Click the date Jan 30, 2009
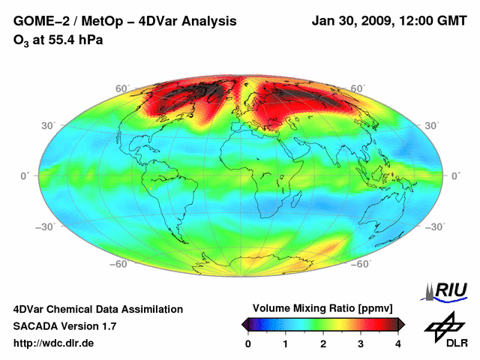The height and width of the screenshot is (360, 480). pyautogui.click(x=352, y=22)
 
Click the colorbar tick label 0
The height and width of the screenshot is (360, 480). pyautogui.click(x=248, y=343)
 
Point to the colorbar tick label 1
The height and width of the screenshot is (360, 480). pyautogui.click(x=286, y=343)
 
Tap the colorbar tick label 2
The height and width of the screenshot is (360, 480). pyautogui.click(x=323, y=343)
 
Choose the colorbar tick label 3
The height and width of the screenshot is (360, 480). pyautogui.click(x=361, y=343)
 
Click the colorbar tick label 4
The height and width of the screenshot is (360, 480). pyautogui.click(x=397, y=343)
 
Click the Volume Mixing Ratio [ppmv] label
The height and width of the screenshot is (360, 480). pyautogui.click(x=322, y=308)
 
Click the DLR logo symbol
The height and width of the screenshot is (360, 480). pyautogui.click(x=443, y=324)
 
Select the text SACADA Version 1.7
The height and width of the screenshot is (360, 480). pyautogui.click(x=64, y=326)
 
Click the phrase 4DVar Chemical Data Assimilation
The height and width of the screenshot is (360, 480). pyautogui.click(x=97, y=309)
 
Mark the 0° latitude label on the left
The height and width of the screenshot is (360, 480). pyautogui.click(x=24, y=175)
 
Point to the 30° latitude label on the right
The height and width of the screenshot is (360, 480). pyautogui.click(x=433, y=125)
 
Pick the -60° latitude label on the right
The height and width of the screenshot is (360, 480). pyautogui.click(x=361, y=264)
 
